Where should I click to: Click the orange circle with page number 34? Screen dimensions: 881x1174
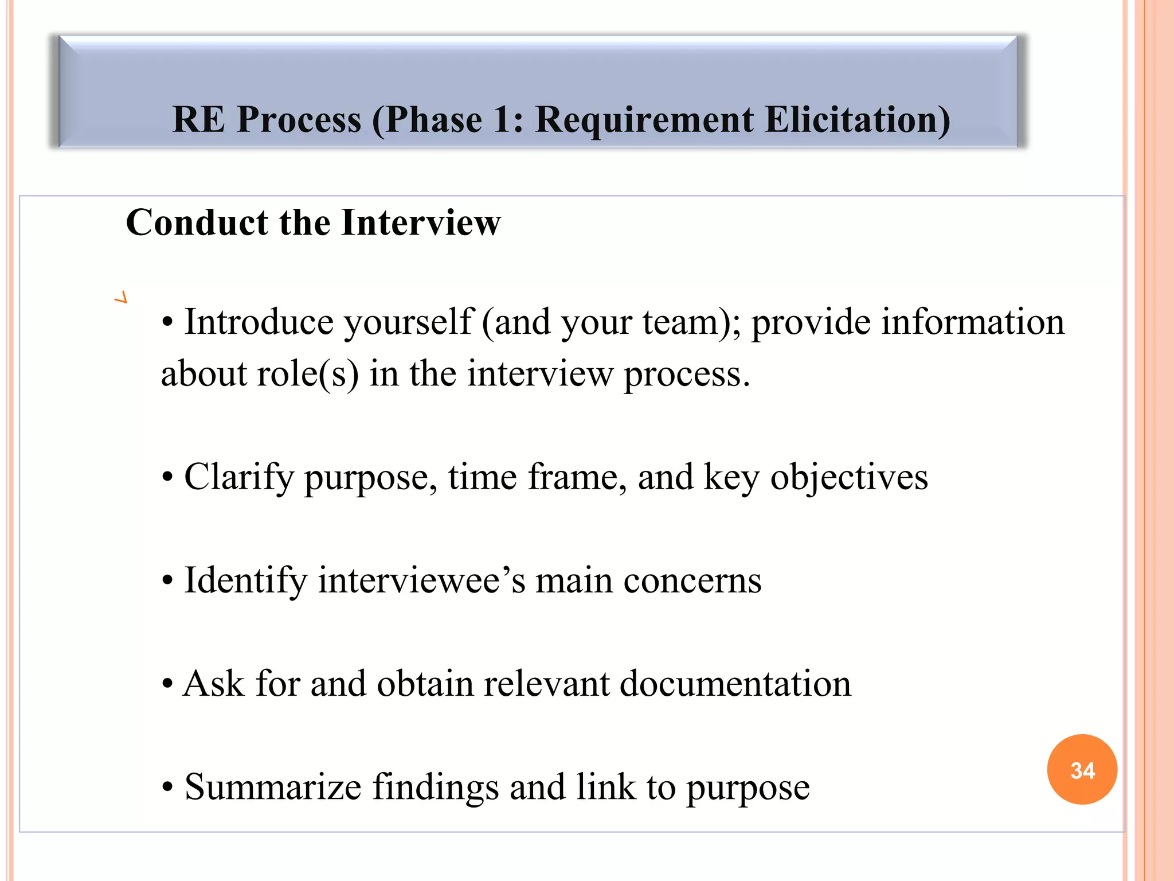(x=1082, y=770)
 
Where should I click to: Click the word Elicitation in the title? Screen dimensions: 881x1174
(x=857, y=120)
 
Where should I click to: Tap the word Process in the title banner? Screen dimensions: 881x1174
(x=299, y=120)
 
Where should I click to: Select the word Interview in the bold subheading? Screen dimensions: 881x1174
(x=421, y=223)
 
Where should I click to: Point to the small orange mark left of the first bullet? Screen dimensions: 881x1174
(x=120, y=298)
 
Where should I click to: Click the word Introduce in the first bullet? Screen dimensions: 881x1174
(x=259, y=322)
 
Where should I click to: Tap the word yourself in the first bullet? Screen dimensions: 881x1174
(x=408, y=323)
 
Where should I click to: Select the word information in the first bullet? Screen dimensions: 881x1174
(x=972, y=322)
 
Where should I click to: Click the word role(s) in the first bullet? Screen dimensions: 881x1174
(x=308, y=374)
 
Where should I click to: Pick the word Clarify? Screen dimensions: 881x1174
(x=238, y=477)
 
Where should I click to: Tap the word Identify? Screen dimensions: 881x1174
(x=245, y=580)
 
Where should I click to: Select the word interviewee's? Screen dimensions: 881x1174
(x=421, y=580)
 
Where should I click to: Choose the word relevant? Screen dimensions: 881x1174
(x=547, y=684)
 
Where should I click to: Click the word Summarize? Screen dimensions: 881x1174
(x=273, y=787)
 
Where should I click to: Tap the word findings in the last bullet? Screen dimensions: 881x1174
(x=436, y=787)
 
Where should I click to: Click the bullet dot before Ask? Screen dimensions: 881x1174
(x=167, y=684)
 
